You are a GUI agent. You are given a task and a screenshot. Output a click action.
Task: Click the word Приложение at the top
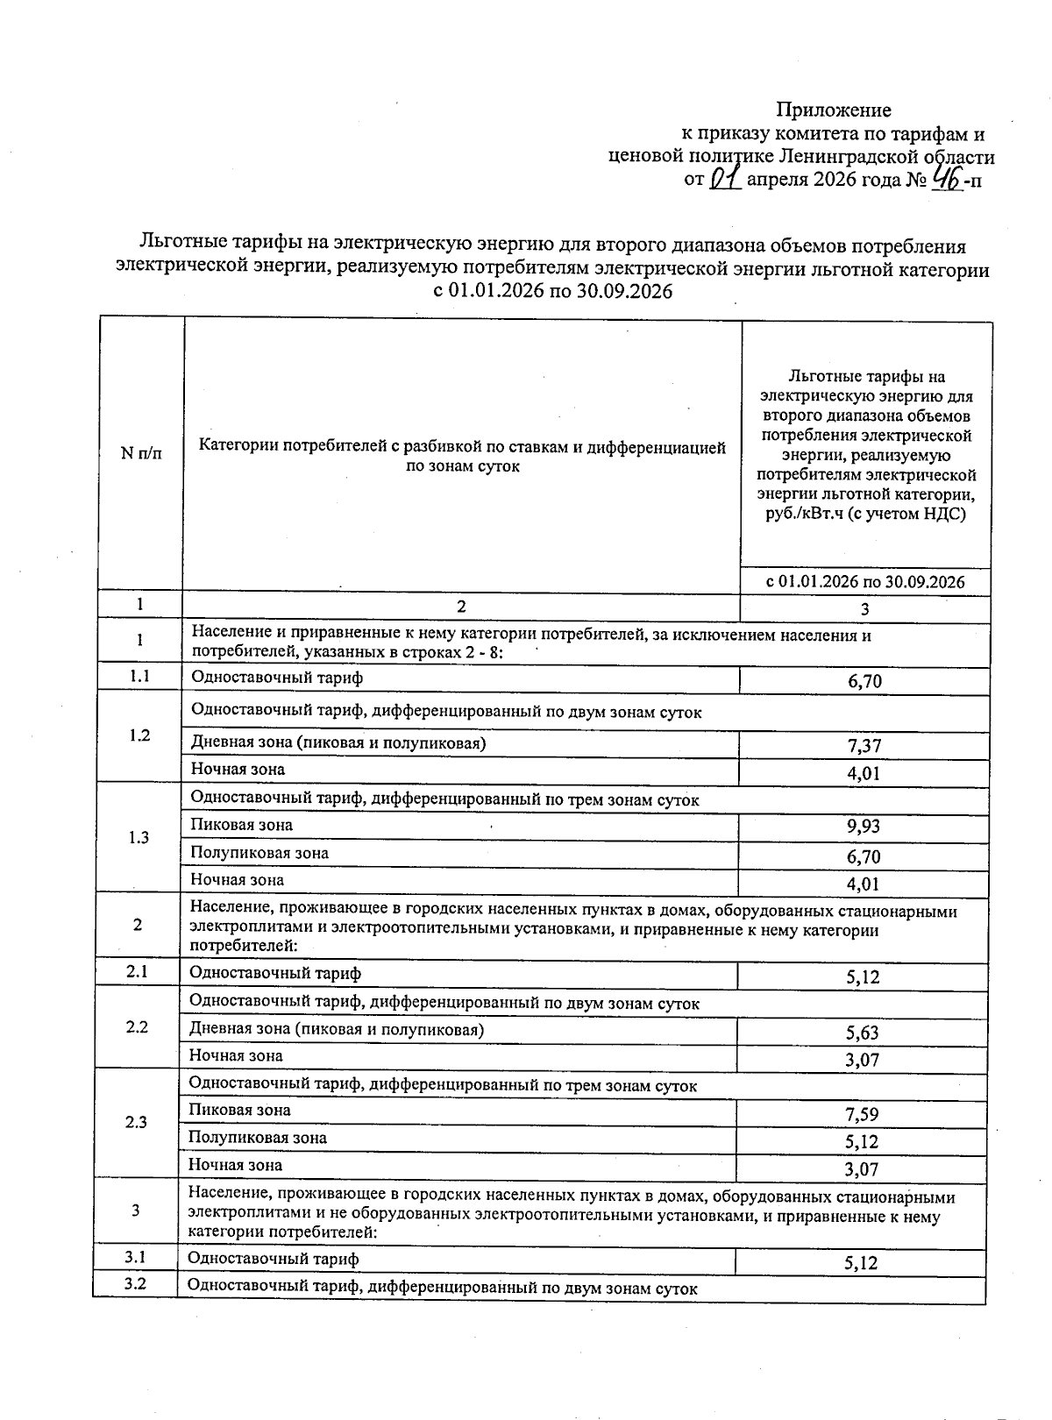click(x=834, y=110)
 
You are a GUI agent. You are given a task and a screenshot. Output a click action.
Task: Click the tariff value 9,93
click(x=864, y=827)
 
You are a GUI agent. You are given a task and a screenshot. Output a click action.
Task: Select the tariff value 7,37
click(x=864, y=746)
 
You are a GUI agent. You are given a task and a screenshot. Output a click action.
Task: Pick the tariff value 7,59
click(x=862, y=1115)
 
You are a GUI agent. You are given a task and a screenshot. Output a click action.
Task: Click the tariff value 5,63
click(x=862, y=1033)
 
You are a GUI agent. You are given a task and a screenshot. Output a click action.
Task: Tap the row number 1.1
click(x=139, y=677)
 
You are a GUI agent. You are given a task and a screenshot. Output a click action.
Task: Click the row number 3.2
click(x=134, y=1285)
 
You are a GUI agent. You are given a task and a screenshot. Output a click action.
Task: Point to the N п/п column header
click(x=141, y=453)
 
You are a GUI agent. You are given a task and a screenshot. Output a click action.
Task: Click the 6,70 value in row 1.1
click(x=864, y=682)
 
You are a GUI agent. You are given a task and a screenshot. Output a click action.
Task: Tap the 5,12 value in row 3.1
click(x=861, y=1263)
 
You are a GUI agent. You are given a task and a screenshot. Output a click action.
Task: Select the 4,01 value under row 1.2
click(x=864, y=774)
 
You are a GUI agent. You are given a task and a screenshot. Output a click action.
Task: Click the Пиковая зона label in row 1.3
click(x=242, y=825)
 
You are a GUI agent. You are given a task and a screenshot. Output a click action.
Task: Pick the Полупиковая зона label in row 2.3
click(x=258, y=1138)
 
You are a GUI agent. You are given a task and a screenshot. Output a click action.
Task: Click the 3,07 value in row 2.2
click(x=862, y=1061)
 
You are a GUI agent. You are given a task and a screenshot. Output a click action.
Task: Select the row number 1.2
click(x=139, y=735)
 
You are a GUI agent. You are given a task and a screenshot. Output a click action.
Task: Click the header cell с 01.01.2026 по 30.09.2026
click(x=865, y=582)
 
